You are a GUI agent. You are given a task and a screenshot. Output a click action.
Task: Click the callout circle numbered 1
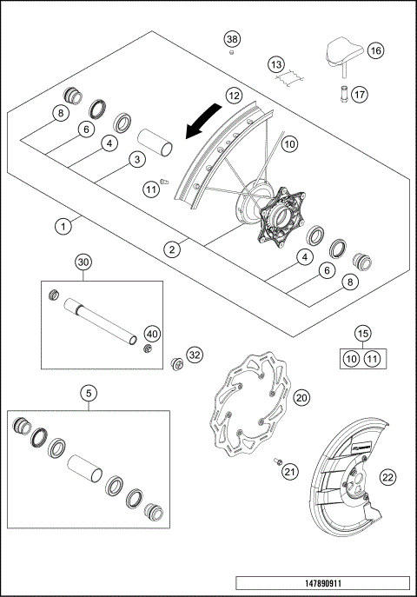point(63,226)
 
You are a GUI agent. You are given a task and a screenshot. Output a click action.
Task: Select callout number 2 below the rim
point(174,249)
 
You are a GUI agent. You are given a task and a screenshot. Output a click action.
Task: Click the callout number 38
point(231,39)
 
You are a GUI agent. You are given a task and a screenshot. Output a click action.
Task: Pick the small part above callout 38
point(231,54)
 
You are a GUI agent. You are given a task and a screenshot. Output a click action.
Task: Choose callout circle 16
point(376,51)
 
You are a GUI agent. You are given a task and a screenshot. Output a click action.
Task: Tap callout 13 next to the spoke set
point(275,64)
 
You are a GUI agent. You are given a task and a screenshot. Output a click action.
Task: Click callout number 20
point(302,397)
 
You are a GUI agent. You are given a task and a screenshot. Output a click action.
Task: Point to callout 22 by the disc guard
point(387,475)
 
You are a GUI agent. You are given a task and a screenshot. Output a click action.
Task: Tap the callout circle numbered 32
point(195,355)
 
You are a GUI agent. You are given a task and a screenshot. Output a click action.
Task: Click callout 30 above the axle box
point(83,262)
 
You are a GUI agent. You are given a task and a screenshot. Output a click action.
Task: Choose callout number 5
point(89,392)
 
